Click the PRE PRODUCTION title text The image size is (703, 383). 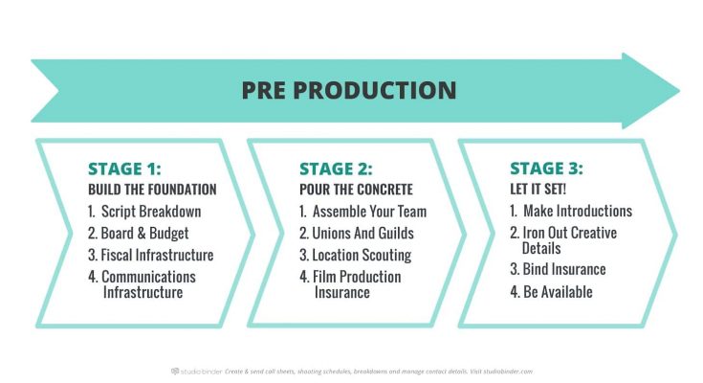tap(349, 90)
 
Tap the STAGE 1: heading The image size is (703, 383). tap(124, 169)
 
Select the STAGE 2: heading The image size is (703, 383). tap(336, 169)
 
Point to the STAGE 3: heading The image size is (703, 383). tap(546, 169)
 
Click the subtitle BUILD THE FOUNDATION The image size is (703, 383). tap(152, 190)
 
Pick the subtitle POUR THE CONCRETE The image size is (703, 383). tap(356, 190)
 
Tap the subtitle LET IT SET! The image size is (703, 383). tap(538, 189)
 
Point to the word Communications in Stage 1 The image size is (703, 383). tap(148, 277)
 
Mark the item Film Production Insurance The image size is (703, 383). tap(351, 284)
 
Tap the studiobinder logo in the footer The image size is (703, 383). tap(197, 372)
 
